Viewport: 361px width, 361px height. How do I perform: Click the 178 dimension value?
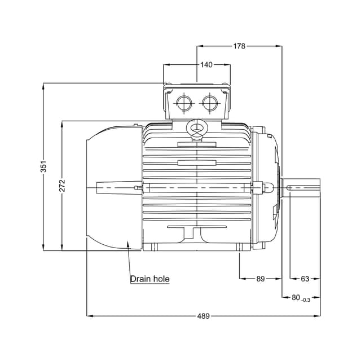[239, 46]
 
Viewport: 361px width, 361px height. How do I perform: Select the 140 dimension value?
[206, 65]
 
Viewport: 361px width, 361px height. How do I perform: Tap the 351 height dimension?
[43, 166]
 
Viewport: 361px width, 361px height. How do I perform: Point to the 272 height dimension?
[62, 186]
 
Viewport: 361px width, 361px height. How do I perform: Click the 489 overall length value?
[204, 316]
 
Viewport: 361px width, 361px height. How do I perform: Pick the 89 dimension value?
[261, 279]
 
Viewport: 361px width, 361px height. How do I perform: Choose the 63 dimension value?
[305, 279]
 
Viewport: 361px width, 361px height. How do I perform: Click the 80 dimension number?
[296, 297]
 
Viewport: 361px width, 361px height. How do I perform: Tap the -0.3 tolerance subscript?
[306, 300]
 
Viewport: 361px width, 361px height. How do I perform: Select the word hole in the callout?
[161, 279]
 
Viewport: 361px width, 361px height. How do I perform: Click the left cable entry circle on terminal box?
[184, 103]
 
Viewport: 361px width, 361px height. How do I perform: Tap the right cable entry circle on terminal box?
[210, 103]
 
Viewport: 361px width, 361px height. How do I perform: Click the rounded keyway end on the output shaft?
[288, 188]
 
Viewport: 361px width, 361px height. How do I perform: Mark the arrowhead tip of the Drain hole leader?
[128, 241]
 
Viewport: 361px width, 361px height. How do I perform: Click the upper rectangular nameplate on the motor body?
[197, 144]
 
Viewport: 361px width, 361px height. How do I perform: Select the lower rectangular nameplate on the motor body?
[197, 163]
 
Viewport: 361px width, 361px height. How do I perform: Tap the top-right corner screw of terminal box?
[225, 92]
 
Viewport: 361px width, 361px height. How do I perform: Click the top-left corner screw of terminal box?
[169, 92]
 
